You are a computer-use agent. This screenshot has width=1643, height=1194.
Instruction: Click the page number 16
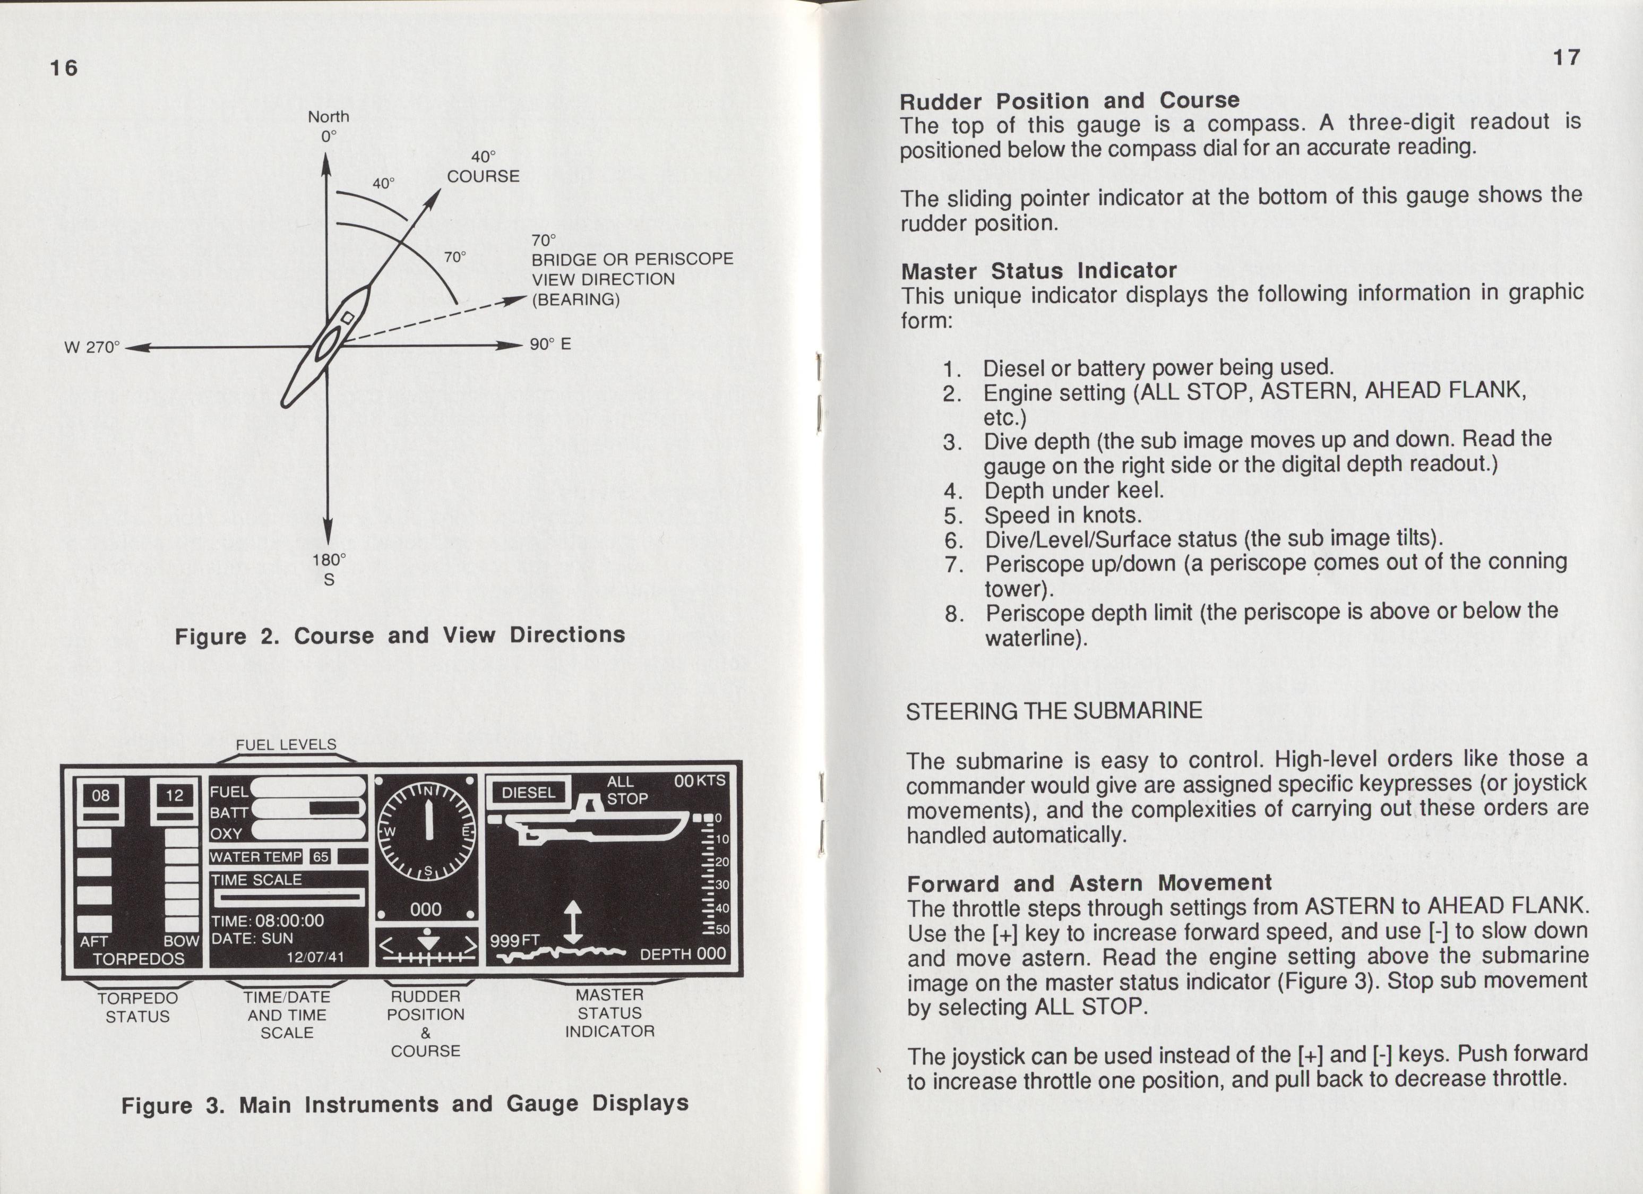pos(64,67)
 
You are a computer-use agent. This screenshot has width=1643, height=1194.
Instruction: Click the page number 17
pos(1565,57)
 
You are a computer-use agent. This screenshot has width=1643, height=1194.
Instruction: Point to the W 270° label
pos(91,347)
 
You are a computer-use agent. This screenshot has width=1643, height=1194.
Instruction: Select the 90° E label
pos(550,343)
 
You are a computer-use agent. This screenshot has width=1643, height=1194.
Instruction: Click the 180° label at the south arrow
pos(329,560)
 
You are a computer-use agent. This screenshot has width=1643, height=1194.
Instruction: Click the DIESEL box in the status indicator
pos(529,793)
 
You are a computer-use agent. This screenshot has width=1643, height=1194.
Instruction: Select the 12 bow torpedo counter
pos(175,795)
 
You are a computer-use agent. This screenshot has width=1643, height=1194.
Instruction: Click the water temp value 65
pos(320,857)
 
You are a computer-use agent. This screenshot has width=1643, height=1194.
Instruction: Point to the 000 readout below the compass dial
pos(426,910)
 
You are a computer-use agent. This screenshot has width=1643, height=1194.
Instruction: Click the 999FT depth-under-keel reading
pos(515,940)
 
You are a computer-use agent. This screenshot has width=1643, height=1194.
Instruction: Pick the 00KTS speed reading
pos(699,781)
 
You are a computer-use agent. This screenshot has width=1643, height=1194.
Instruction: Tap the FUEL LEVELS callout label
pos(286,744)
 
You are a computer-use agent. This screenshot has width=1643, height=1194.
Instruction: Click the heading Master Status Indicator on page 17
pos(1039,271)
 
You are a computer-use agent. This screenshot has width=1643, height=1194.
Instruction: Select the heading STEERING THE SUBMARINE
pos(1054,711)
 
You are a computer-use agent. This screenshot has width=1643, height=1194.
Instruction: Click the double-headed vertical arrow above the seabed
pos(573,922)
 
